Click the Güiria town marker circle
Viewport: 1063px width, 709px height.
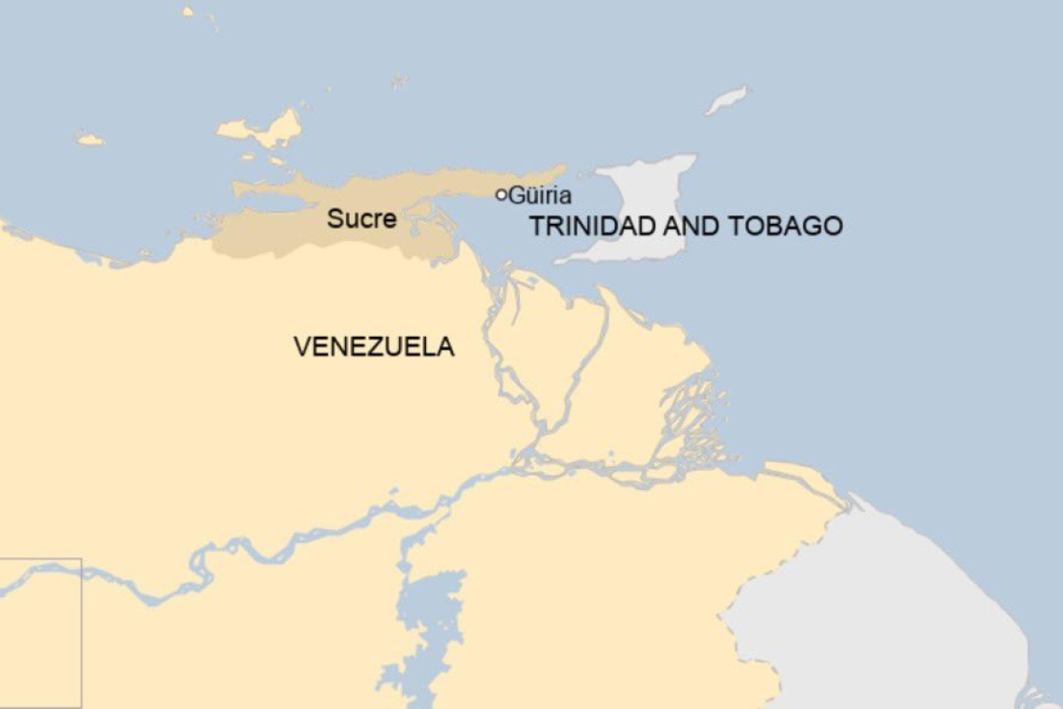point(501,195)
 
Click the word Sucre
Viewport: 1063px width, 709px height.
point(361,220)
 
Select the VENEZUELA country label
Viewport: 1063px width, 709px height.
point(374,347)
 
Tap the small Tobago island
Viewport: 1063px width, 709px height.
point(726,100)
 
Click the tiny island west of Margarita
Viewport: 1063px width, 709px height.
point(90,140)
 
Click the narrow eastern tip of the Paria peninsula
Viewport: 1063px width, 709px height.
point(555,172)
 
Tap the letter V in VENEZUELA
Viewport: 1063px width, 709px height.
point(301,347)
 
